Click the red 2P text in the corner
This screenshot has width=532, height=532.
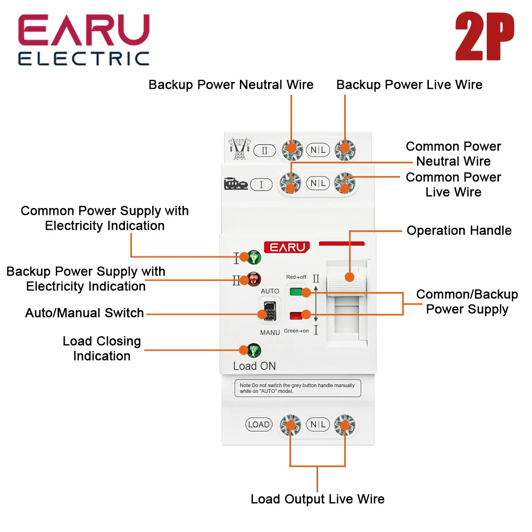(485, 37)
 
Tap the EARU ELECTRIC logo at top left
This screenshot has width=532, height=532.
(84, 40)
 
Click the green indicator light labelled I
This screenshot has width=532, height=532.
(254, 257)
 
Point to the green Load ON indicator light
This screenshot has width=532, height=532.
(254, 351)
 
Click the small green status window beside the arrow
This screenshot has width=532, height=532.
(295, 292)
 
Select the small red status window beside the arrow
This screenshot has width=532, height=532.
(295, 315)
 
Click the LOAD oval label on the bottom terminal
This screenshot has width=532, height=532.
(259, 425)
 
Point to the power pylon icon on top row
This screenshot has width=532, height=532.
(239, 148)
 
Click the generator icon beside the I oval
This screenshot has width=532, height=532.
(236, 184)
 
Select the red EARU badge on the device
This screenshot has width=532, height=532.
(287, 247)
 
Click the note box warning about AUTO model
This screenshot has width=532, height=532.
(297, 388)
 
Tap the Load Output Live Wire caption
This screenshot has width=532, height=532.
(318, 499)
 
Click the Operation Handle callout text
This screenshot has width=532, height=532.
(459, 230)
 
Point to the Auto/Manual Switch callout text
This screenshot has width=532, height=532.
(85, 313)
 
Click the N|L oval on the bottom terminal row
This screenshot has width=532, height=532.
(318, 425)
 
